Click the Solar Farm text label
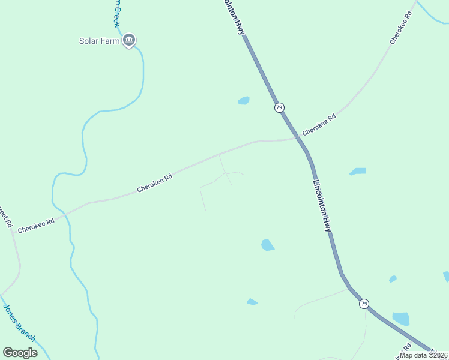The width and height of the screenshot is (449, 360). pos(100,41)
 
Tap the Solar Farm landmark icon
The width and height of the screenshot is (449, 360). pos(128,41)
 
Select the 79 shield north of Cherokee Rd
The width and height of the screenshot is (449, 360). pos(279,107)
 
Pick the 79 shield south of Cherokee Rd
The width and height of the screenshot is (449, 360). pos(364,304)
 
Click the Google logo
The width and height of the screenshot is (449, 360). pos(20,353)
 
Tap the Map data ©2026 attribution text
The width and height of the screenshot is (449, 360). pos(424,355)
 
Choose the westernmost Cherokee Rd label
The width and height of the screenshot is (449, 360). pos(36,225)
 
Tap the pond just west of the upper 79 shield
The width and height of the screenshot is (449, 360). pos(243,101)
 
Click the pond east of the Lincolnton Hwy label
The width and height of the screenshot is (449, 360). pos(358,172)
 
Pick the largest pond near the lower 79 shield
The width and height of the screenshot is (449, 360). pos(400,319)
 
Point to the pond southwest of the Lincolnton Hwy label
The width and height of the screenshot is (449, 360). pos(267,245)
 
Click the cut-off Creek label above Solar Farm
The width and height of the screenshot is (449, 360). pos(116,12)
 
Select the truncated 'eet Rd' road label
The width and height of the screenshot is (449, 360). pos(5,216)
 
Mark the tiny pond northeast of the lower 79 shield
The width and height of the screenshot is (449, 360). pos(393,279)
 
